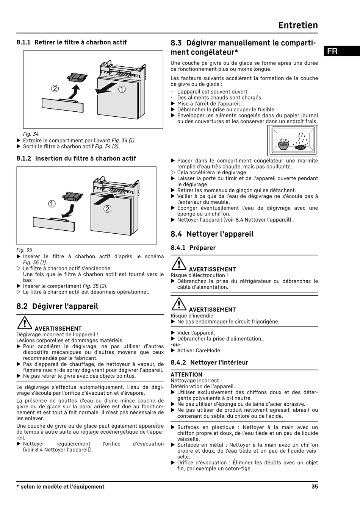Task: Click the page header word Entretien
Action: (298, 25)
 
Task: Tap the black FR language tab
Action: (332, 51)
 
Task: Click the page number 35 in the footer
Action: (315, 487)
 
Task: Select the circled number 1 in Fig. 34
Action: (122, 89)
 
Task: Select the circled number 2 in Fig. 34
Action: (55, 89)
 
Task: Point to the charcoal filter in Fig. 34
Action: (77, 77)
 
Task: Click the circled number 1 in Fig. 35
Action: (52, 204)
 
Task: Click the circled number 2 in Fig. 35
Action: (107, 209)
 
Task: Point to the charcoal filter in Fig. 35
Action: (72, 197)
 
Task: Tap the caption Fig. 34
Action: (31, 134)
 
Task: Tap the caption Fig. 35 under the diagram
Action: (24, 250)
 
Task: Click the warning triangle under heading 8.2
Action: (24, 323)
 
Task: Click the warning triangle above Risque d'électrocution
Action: (178, 264)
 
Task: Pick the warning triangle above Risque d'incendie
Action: (178, 304)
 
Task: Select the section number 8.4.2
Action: (178, 362)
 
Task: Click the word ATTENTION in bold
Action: (186, 375)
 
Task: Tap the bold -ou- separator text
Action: (175, 345)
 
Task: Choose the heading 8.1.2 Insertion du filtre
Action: (76, 158)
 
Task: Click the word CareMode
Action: (210, 351)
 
